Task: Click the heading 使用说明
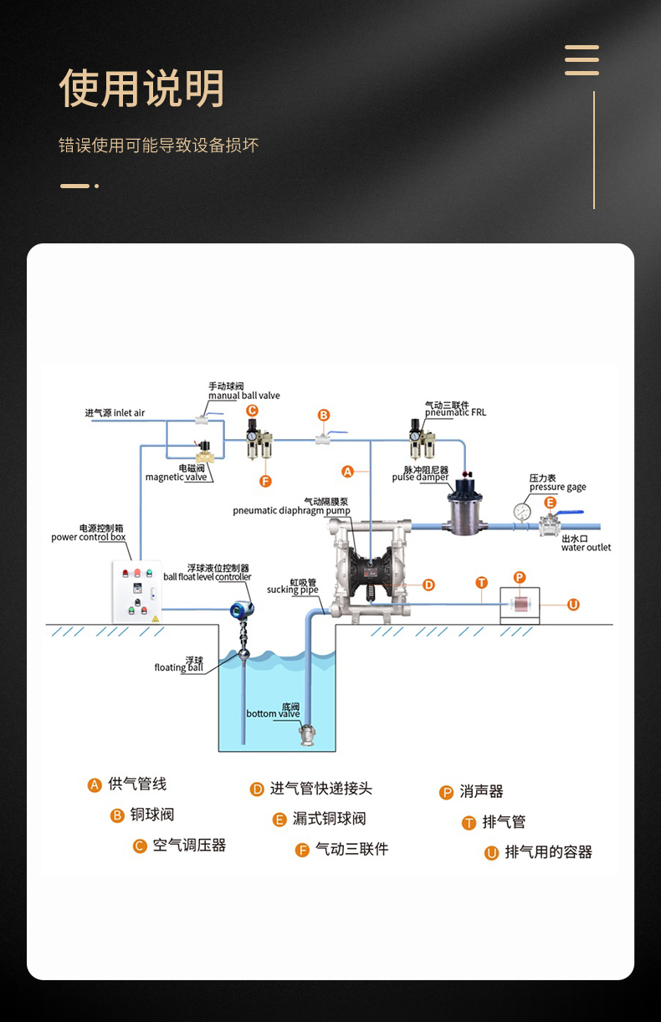coord(141,89)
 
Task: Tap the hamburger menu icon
coord(582,60)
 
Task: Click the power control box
coord(136,591)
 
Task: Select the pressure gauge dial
coord(523,510)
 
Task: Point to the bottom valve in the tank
coord(306,735)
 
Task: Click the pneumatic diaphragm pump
coord(368,569)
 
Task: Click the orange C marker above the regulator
coord(252,410)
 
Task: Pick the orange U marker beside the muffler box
coord(573,605)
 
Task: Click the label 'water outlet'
coord(586,548)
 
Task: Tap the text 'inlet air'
coord(129,413)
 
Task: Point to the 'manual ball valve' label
coord(244,396)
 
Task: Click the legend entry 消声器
coord(481,791)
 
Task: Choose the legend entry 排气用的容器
coord(548,852)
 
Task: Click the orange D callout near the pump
coord(428,585)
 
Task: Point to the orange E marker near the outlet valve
coord(550,503)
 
